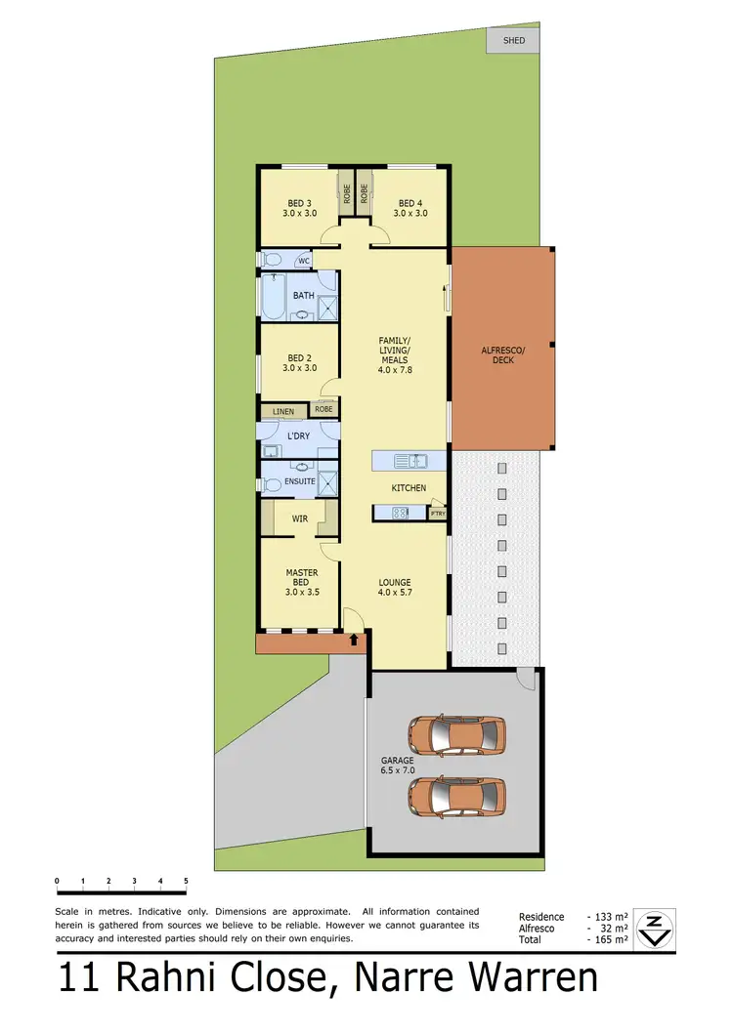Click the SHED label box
[x=514, y=40]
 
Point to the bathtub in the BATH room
[x=273, y=297]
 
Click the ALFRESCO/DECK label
[x=503, y=354]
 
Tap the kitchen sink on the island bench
[x=410, y=460]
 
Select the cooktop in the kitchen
[x=399, y=513]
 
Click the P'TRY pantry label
[x=439, y=513]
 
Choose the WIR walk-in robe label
[x=300, y=518]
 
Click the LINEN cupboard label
[x=282, y=412]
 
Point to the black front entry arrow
[x=354, y=641]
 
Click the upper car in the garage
[x=457, y=733]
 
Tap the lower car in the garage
[x=457, y=796]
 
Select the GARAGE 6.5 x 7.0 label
[x=398, y=765]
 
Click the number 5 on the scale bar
[x=186, y=881]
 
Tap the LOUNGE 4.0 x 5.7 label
[x=395, y=587]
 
